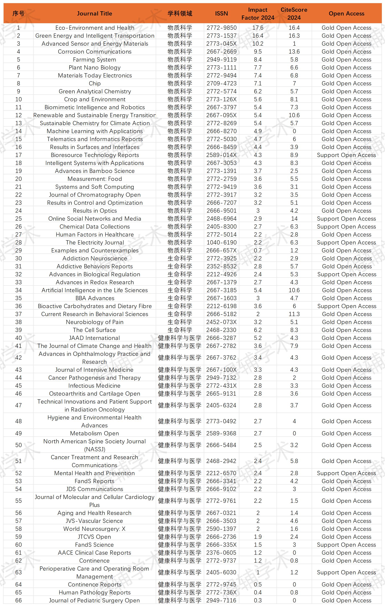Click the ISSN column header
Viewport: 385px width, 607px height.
click(221, 14)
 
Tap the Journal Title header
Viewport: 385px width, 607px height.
click(94, 14)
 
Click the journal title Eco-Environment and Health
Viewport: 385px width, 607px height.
click(95, 28)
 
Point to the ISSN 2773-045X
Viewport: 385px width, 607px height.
click(221, 44)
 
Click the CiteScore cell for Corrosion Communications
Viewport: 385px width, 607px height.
click(294, 52)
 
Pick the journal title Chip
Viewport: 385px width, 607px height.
click(95, 84)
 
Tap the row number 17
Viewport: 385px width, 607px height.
click(18, 155)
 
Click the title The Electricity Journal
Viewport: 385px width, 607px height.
click(95, 243)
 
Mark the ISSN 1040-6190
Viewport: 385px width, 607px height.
click(221, 243)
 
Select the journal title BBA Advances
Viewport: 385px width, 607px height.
click(95, 298)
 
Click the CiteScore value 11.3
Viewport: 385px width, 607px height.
click(294, 314)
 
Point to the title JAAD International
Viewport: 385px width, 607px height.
click(94, 338)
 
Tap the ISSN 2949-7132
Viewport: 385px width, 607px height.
click(221, 378)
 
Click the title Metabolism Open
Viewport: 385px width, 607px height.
click(94, 433)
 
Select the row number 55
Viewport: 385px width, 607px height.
click(18, 501)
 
